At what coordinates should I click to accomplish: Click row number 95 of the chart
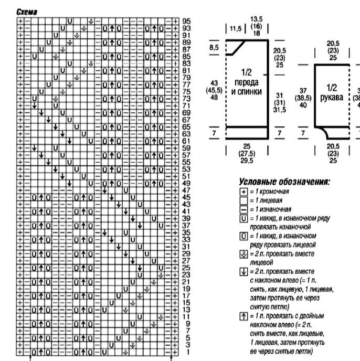pyautogui.click(x=185, y=21)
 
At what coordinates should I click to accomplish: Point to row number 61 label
pyautogui.click(x=185, y=140)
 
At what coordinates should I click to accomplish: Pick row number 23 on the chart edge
pyautogui.click(x=185, y=274)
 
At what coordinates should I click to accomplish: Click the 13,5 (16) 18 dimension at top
pyautogui.click(x=257, y=25)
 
